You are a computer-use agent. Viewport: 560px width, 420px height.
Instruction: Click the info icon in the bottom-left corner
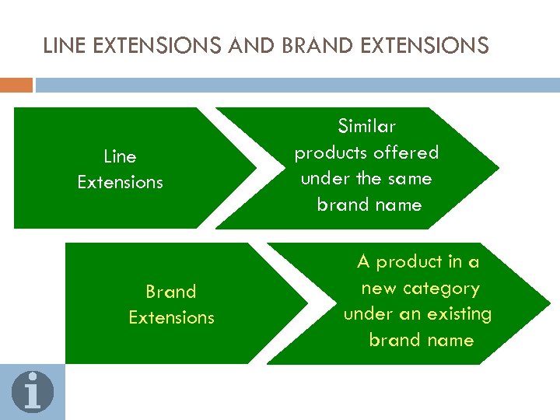(32, 391)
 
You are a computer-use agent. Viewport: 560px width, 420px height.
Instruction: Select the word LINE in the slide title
(64, 46)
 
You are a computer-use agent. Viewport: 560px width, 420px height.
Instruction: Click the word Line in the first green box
(120, 157)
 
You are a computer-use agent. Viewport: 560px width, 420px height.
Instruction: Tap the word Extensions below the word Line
(121, 183)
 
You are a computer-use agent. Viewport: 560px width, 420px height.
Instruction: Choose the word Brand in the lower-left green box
(171, 292)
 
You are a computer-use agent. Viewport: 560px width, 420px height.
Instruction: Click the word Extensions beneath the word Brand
(171, 318)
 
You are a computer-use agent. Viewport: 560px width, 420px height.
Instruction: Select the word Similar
(366, 126)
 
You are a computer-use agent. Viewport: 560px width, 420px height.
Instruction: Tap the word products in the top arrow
(331, 152)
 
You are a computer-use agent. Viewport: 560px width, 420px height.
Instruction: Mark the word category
(441, 289)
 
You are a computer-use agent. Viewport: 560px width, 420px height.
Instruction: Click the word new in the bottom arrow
(379, 289)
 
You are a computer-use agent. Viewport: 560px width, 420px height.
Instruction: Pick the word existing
(462, 314)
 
